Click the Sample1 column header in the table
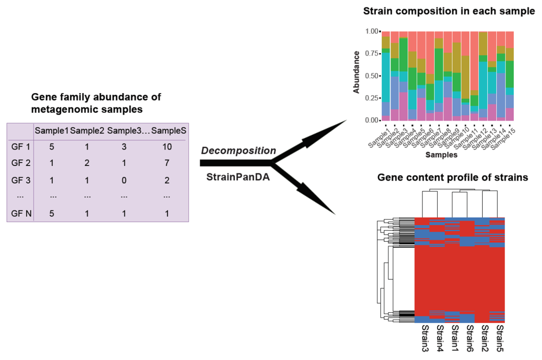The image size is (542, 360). point(51,131)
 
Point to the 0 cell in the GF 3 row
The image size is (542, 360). point(124,179)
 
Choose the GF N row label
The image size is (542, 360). point(20,213)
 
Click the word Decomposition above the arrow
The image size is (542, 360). point(238,150)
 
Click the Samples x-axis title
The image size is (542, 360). point(441,155)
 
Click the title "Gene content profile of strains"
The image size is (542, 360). point(452,177)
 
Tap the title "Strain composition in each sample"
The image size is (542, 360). point(449,11)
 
